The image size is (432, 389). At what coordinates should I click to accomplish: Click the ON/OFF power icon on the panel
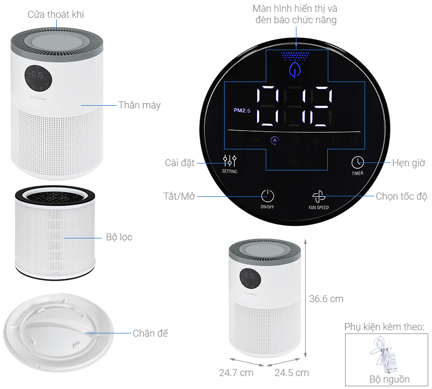pyautogui.click(x=267, y=196)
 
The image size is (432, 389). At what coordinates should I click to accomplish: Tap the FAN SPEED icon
pyautogui.click(x=319, y=196)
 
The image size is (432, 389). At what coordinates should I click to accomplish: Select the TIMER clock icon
pyautogui.click(x=357, y=163)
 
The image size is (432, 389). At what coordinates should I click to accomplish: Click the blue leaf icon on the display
pyautogui.click(x=295, y=70)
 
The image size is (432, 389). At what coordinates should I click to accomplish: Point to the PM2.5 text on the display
pyautogui.click(x=242, y=111)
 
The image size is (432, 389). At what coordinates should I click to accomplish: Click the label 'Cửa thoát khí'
pyautogui.click(x=56, y=15)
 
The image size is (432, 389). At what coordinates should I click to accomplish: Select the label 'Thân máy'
pyautogui.click(x=139, y=105)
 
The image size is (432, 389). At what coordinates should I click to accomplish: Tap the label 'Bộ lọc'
pyautogui.click(x=119, y=237)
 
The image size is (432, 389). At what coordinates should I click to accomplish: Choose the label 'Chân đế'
pyautogui.click(x=150, y=333)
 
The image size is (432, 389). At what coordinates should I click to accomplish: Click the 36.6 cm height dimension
pyautogui.click(x=326, y=299)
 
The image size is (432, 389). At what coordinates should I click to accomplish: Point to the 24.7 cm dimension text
pyautogui.click(x=236, y=373)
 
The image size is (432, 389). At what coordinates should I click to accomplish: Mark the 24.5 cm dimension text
pyautogui.click(x=292, y=373)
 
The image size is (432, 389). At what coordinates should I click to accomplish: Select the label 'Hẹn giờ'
pyautogui.click(x=409, y=163)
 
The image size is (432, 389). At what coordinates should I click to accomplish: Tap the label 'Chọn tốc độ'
pyautogui.click(x=401, y=196)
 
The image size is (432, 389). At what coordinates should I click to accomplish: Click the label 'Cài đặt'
pyautogui.click(x=180, y=163)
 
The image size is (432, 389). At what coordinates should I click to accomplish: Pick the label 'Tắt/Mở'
pyautogui.click(x=179, y=196)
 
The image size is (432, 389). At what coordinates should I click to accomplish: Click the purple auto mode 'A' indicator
pyautogui.click(x=274, y=140)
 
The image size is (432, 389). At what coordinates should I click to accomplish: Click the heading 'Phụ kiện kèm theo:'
pyautogui.click(x=384, y=327)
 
